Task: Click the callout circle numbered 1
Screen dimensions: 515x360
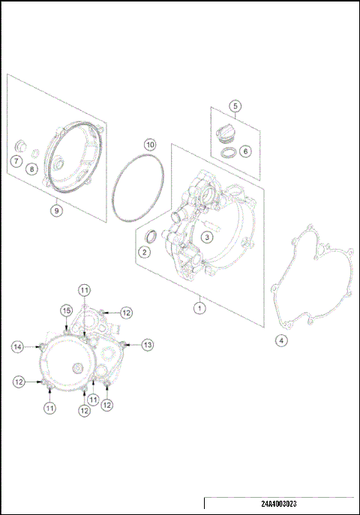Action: (x=199, y=307)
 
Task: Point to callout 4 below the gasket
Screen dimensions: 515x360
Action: (x=281, y=340)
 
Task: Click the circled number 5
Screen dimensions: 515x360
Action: (x=235, y=106)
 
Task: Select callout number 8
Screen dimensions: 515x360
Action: (x=31, y=169)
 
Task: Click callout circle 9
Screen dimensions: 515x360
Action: (x=56, y=211)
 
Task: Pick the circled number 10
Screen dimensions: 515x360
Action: (x=150, y=144)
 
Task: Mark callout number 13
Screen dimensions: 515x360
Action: (x=148, y=344)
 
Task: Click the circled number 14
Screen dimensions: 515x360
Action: (x=17, y=346)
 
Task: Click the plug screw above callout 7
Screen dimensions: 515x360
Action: (x=20, y=143)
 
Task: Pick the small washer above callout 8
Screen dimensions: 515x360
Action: (x=34, y=154)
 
